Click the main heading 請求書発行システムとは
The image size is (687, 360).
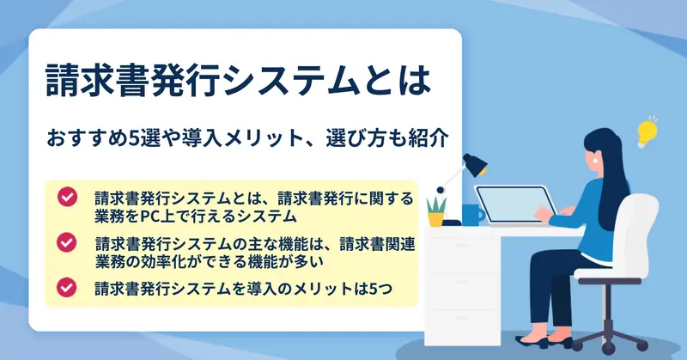pos(239,81)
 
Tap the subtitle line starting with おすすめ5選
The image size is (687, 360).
pos(247,137)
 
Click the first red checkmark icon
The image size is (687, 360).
pos(67,197)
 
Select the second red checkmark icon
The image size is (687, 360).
pos(67,242)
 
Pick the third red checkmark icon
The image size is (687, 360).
pos(67,288)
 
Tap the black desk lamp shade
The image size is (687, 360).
pos(475,164)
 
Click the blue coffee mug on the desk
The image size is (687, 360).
pos(472,215)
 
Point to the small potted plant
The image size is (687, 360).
pos(436,211)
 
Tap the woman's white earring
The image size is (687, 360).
pos(594,161)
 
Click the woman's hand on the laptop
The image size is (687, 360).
pos(544,214)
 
